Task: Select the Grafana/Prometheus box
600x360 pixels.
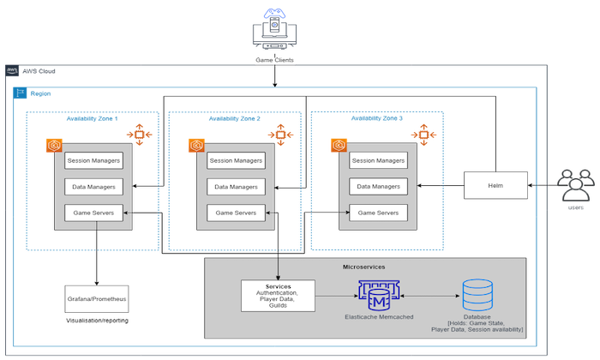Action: [x=96, y=301]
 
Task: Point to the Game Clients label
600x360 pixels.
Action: [x=275, y=60]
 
